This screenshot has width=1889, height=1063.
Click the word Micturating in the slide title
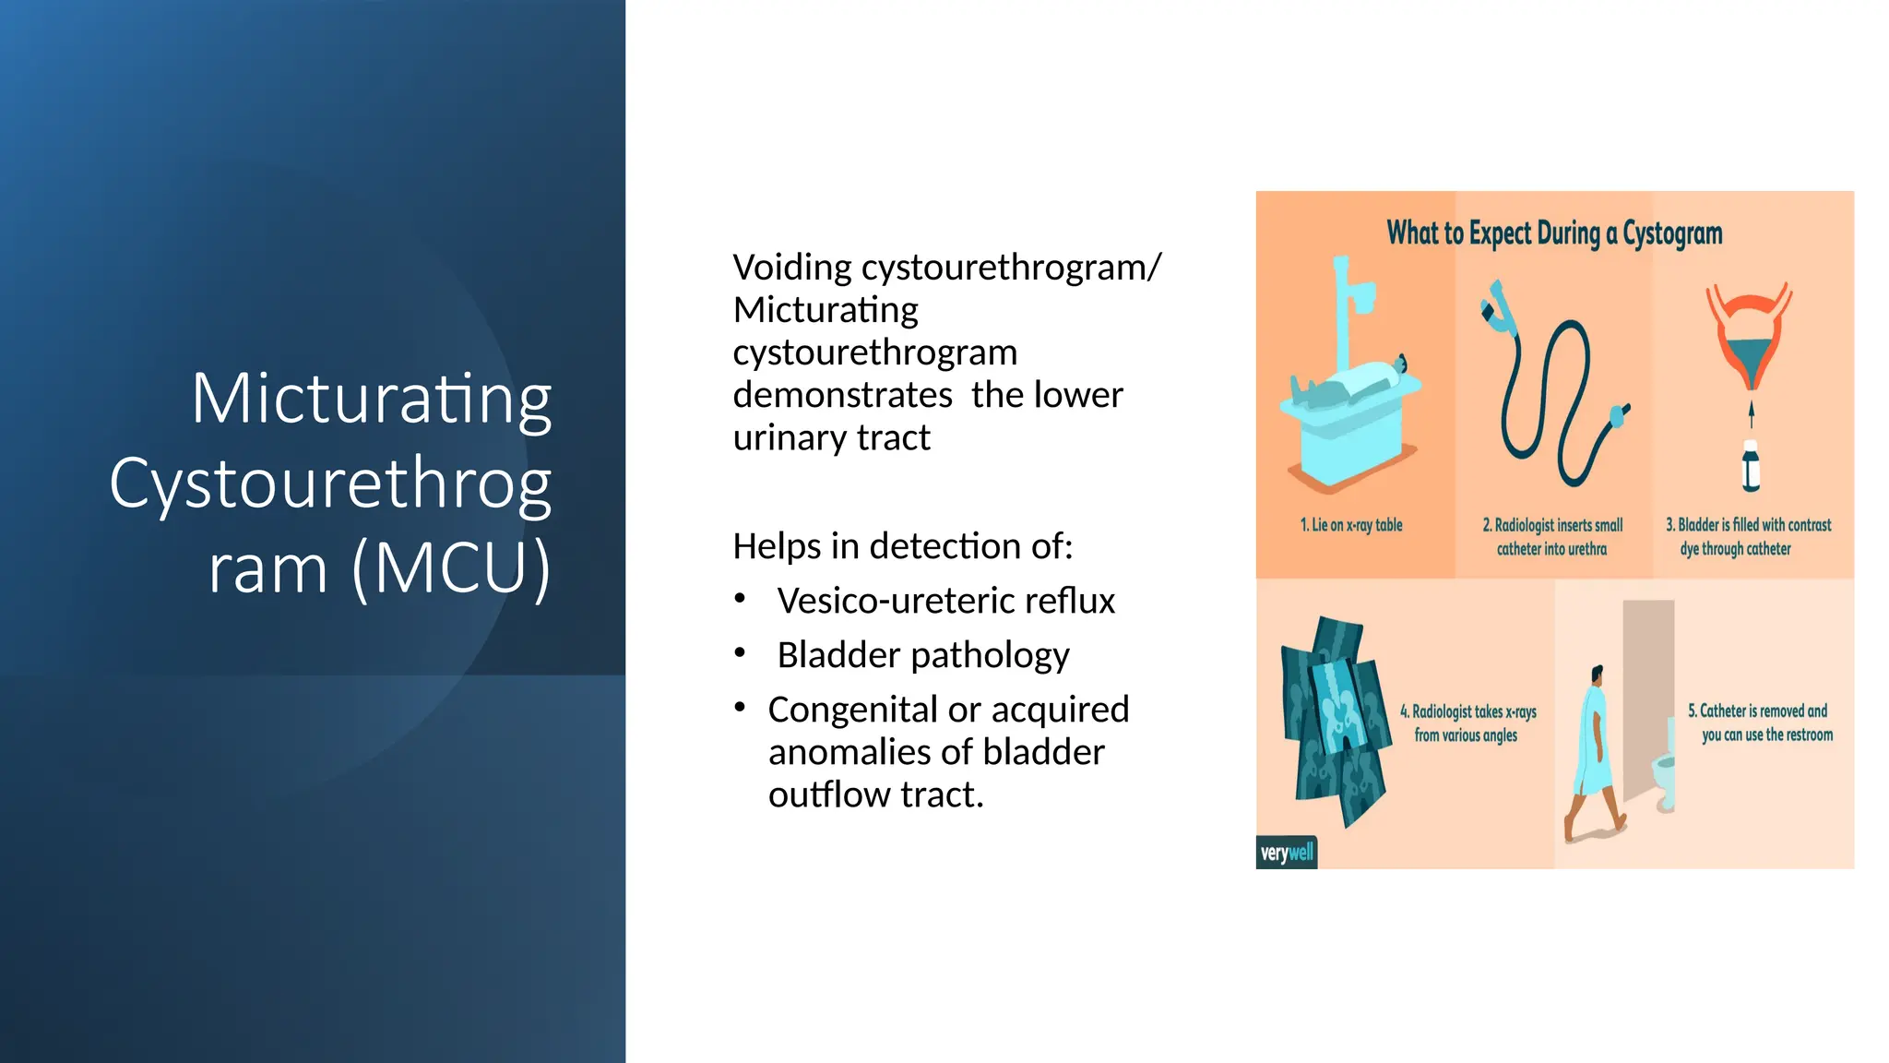click(x=372, y=399)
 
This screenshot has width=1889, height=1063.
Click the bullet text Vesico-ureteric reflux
click(x=945, y=601)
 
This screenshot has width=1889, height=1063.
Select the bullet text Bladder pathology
click(x=922, y=655)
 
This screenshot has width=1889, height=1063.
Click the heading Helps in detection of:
click(x=902, y=546)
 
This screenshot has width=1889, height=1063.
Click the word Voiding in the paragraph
click(x=791, y=268)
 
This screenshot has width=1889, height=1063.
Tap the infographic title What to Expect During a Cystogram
click(x=1554, y=233)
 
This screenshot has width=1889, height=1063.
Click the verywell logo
click(x=1287, y=853)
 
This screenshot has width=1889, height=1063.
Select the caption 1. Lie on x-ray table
click(x=1351, y=525)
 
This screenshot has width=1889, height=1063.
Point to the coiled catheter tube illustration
click(x=1550, y=397)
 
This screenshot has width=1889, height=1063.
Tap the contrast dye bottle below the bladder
click(x=1751, y=466)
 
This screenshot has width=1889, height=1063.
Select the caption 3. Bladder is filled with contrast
click(x=1748, y=525)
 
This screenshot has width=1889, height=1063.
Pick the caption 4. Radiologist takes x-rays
click(x=1467, y=712)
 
